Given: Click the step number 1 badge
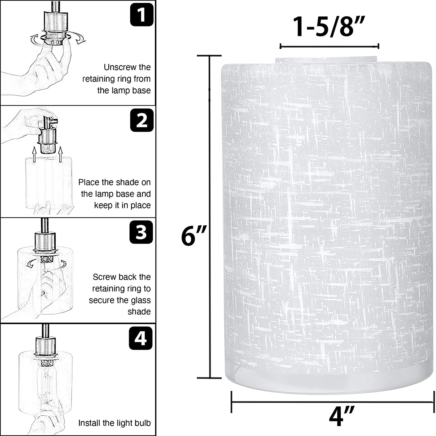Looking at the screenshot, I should (x=142, y=14).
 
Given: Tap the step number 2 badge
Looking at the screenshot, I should (x=142, y=120).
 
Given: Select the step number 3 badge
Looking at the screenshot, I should (x=141, y=232).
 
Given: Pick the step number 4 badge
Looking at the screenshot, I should (x=141, y=338).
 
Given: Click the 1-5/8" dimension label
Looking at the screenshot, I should (x=329, y=27).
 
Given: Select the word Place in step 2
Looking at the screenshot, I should (x=89, y=182).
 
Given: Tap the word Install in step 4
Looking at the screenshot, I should (x=90, y=423).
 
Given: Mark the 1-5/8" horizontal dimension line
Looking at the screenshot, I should (x=329, y=46).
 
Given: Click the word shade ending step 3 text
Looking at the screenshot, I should (x=139, y=312).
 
